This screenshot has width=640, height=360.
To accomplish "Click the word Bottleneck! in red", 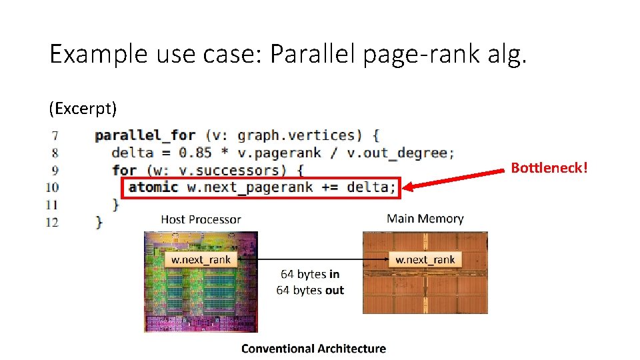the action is click(x=549, y=168).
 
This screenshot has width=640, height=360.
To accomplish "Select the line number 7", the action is click(x=55, y=136).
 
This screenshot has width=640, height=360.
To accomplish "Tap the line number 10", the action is click(x=52, y=187).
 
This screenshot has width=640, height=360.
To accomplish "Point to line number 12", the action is click(x=52, y=222).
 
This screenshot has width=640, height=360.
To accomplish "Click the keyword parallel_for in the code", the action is click(x=145, y=135).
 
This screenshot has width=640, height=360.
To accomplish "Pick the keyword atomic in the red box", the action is click(x=153, y=187).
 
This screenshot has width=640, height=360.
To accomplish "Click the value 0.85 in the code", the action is click(x=195, y=153).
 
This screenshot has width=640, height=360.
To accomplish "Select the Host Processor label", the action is click(x=201, y=219).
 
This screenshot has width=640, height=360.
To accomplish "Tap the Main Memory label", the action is click(x=425, y=219).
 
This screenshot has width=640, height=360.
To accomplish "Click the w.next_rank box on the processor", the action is click(x=201, y=259).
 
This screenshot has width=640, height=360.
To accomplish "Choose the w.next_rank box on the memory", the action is click(x=425, y=259).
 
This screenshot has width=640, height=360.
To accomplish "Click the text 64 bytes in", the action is click(x=310, y=274).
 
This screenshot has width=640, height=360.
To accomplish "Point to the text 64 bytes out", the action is click(x=310, y=290).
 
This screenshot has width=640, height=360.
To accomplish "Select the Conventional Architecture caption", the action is click(x=313, y=348).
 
